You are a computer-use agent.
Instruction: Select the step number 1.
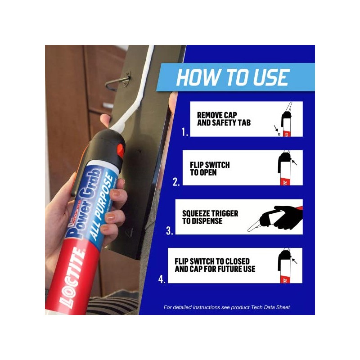[184, 131]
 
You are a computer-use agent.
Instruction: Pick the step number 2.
[176, 181]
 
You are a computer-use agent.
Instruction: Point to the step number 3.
[169, 231]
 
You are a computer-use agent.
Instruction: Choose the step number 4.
[162, 279]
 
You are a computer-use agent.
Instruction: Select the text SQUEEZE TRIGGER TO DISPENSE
[210, 216]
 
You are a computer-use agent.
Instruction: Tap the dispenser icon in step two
[284, 168]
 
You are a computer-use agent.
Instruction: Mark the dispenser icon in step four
[284, 265]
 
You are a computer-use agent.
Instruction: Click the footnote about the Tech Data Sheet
[226, 307]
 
